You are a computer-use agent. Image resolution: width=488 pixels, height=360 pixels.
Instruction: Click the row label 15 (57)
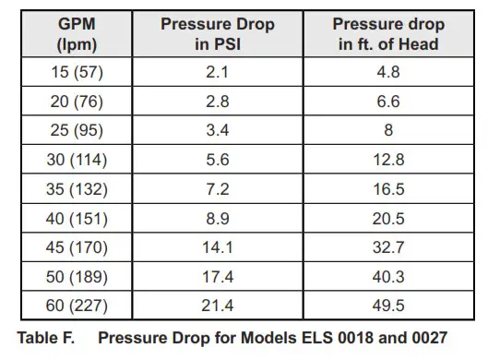tap(77, 73)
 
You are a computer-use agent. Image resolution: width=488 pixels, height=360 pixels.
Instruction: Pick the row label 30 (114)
tap(77, 159)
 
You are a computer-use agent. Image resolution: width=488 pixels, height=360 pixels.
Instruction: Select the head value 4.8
tap(387, 73)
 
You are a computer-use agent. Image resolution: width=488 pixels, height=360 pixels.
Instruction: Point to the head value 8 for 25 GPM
tap(387, 130)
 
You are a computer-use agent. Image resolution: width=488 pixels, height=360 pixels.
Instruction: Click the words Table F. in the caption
tap(50, 337)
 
